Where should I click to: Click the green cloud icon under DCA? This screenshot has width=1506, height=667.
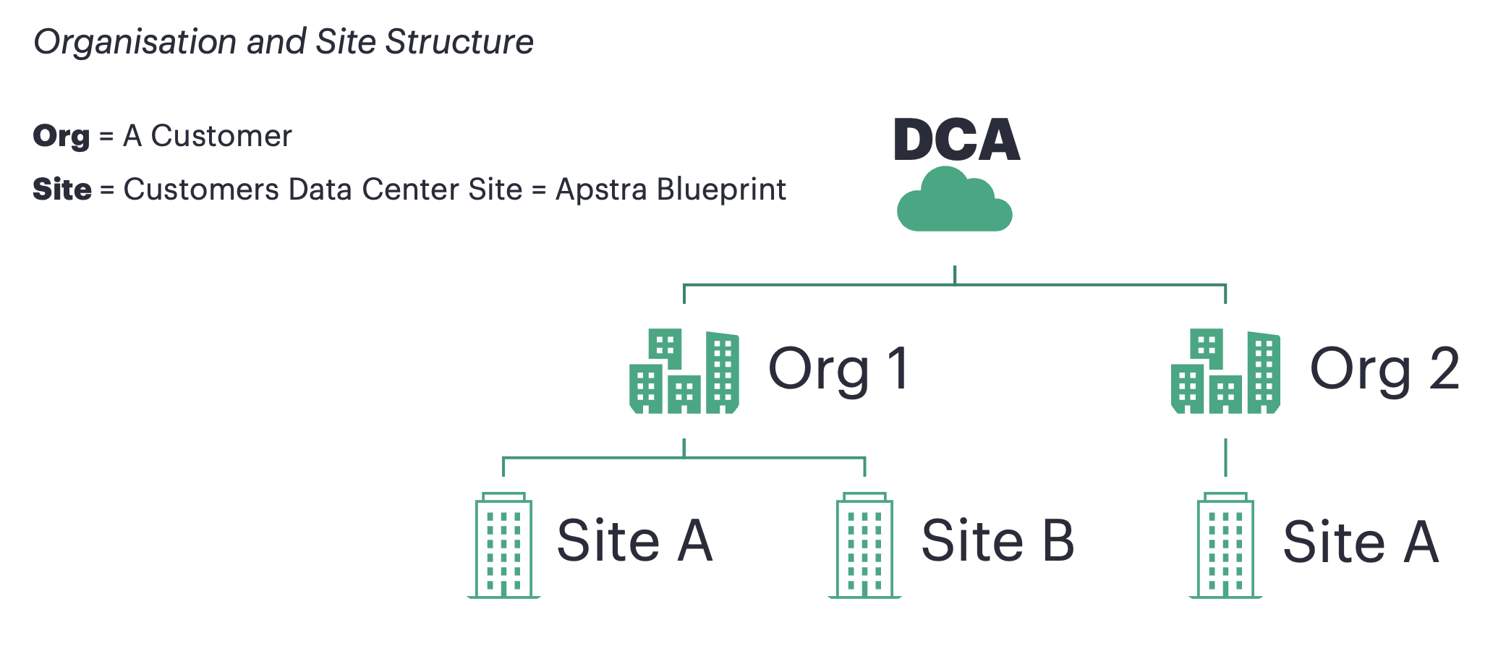point(954,202)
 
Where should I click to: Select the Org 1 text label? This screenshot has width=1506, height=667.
point(838,369)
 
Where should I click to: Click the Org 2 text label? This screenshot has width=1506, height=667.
point(1384,369)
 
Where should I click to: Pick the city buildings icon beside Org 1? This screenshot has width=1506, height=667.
point(684,372)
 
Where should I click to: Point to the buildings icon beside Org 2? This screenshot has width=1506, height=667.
point(1225,372)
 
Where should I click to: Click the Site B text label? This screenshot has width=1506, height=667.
point(997,541)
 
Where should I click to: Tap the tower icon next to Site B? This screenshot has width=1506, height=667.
point(864,546)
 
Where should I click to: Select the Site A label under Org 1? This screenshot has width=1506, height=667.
point(634,541)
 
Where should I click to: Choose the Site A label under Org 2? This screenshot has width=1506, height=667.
point(1360,542)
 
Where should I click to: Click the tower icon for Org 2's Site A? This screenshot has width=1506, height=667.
point(1225,546)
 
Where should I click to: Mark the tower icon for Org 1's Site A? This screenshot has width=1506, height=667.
point(503,546)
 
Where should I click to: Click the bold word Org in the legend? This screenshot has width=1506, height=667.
point(61,137)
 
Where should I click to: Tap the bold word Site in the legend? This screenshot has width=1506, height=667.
point(62,190)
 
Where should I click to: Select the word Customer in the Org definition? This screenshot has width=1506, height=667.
point(221,136)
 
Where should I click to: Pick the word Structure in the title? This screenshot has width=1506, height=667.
point(459,42)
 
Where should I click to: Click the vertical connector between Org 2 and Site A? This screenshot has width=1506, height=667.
point(1225,457)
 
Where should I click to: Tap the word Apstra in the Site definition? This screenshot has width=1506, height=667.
point(601,190)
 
